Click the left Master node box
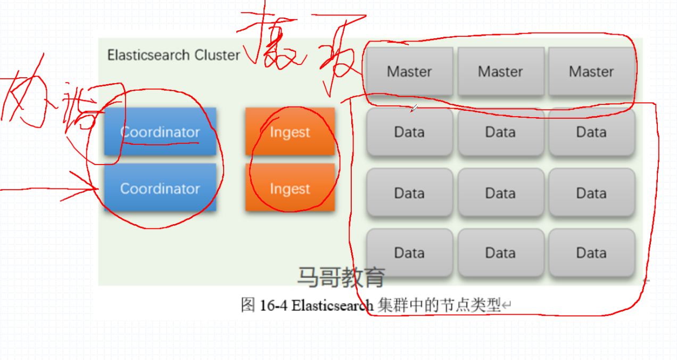(x=409, y=71)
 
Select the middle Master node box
(x=500, y=71)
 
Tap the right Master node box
(x=591, y=71)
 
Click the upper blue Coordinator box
(x=160, y=132)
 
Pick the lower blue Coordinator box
(x=160, y=188)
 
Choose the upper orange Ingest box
(x=290, y=132)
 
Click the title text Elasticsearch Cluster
(x=174, y=55)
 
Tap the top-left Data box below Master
(x=409, y=132)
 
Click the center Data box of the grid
(x=500, y=193)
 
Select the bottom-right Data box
(x=591, y=252)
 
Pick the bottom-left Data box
(x=409, y=252)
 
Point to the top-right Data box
(x=591, y=132)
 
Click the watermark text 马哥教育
(x=341, y=277)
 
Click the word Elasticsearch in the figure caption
(x=333, y=306)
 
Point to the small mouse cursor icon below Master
(x=414, y=109)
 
